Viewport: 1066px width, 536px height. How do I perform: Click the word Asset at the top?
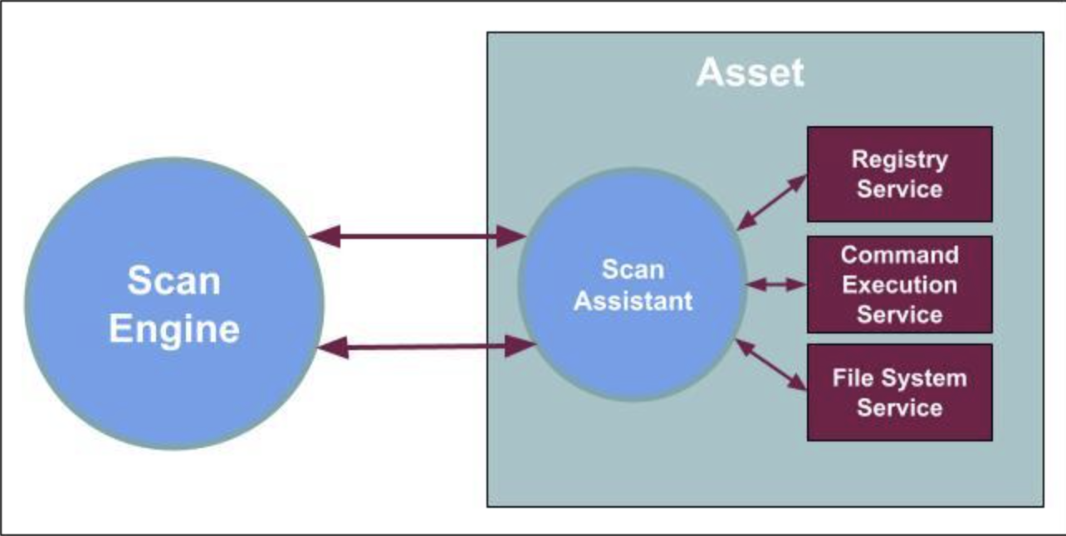(750, 73)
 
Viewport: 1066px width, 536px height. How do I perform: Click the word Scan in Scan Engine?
(174, 280)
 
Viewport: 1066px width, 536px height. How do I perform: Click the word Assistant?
(633, 300)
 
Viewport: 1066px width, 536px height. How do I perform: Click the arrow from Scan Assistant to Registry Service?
(772, 202)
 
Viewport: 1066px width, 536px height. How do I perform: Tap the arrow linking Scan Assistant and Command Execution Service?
(776, 285)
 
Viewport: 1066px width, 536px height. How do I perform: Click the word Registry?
(899, 158)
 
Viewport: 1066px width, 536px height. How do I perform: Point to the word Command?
(899, 255)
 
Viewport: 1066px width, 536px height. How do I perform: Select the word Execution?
(899, 285)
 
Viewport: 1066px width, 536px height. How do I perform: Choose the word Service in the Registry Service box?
(899, 188)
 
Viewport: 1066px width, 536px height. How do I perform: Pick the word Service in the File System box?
(899, 408)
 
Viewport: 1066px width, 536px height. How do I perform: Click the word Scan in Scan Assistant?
(633, 270)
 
